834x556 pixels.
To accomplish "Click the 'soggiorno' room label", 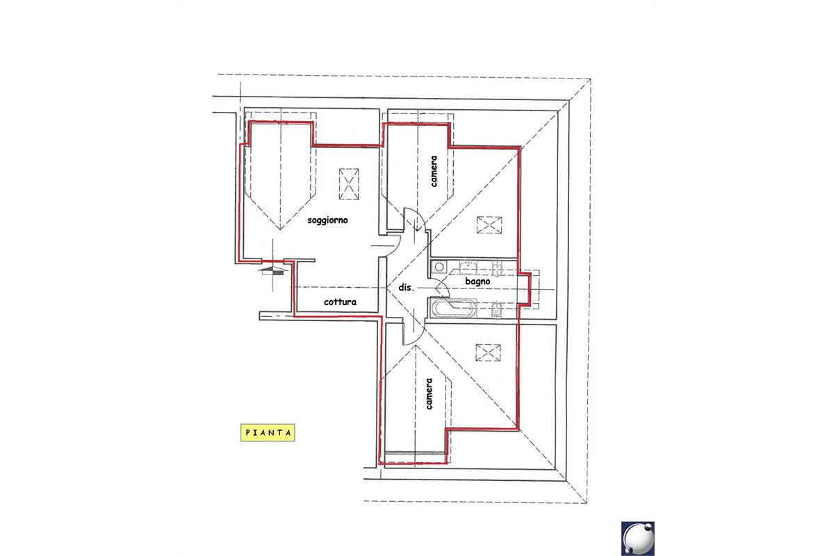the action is (327, 220).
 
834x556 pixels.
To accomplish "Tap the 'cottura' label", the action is (340, 302).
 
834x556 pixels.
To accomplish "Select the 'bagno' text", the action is (477, 282).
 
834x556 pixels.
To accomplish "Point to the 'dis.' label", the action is (406, 288).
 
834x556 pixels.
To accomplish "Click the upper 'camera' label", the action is (434, 171).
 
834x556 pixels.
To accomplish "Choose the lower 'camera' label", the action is (429, 394).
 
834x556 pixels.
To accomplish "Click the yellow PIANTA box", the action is (268, 433).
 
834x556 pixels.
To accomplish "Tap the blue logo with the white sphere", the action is (638, 539).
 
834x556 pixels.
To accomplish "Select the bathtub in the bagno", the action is (454, 309).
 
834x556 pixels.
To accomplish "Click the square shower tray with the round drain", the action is (439, 267).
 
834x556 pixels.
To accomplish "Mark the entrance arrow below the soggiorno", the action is (274, 270).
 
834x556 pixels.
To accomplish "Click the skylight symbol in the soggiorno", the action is (349, 184).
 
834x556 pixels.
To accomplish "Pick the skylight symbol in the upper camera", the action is (489, 225).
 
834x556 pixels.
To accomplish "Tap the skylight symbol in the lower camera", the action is (488, 352).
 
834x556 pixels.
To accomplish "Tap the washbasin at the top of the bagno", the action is (468, 268).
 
